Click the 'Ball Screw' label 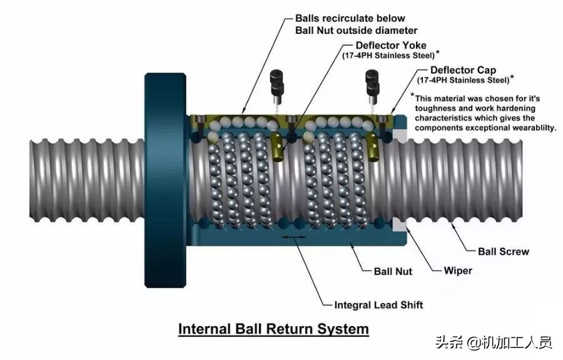tap(503, 252)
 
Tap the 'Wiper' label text tap(457, 271)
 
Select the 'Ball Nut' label tap(392, 272)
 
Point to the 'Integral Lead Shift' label tap(378, 305)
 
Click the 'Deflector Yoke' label tap(391, 46)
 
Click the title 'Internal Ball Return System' tap(273, 328)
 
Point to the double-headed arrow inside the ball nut tap(293, 238)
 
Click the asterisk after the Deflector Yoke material tap(438, 52)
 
